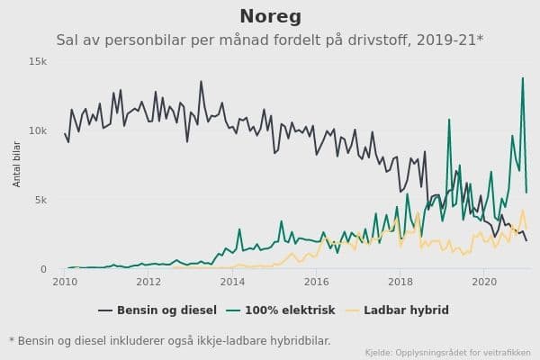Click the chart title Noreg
270,16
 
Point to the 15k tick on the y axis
38,61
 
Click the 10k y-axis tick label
38,130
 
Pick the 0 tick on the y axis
43,269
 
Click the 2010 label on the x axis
65,282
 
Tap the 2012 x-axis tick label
148,282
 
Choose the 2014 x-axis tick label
233,282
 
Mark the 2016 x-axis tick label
317,282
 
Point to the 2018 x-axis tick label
400,282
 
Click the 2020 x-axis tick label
484,282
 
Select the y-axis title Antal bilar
16,165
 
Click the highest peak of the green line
523,78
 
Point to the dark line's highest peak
201,82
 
